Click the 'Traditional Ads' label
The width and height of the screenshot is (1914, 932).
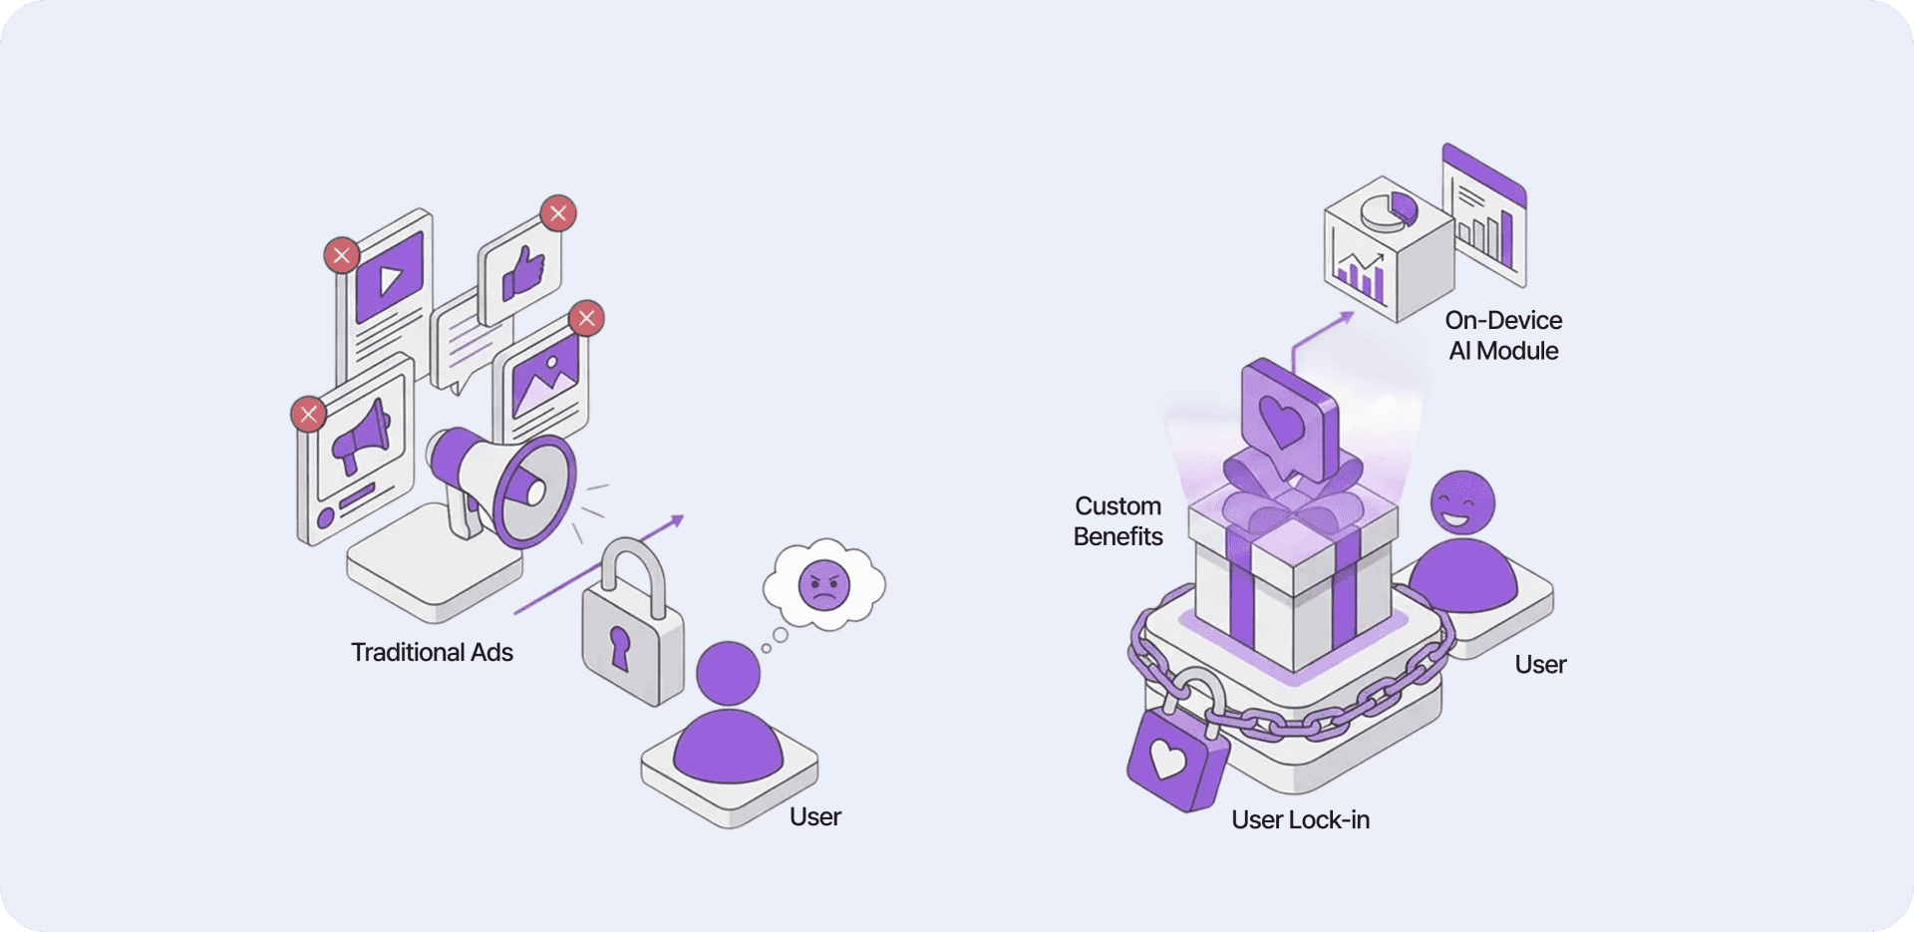(432, 652)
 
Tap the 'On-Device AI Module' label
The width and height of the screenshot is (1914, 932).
(1503, 335)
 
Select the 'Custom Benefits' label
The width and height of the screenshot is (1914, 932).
(1117, 521)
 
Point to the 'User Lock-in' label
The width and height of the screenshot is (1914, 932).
(1300, 819)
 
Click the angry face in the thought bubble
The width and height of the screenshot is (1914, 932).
(824, 585)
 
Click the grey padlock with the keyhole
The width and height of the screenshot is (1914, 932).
(632, 638)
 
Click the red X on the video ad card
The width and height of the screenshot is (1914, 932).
(342, 255)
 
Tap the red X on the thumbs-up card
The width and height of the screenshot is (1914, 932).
(558, 212)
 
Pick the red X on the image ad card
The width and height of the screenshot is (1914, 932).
(586, 318)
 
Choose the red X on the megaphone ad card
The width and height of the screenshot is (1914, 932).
(309, 414)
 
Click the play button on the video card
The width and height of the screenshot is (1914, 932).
(390, 278)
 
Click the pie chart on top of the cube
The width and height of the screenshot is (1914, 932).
(1390, 210)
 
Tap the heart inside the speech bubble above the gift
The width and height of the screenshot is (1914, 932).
(1283, 419)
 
